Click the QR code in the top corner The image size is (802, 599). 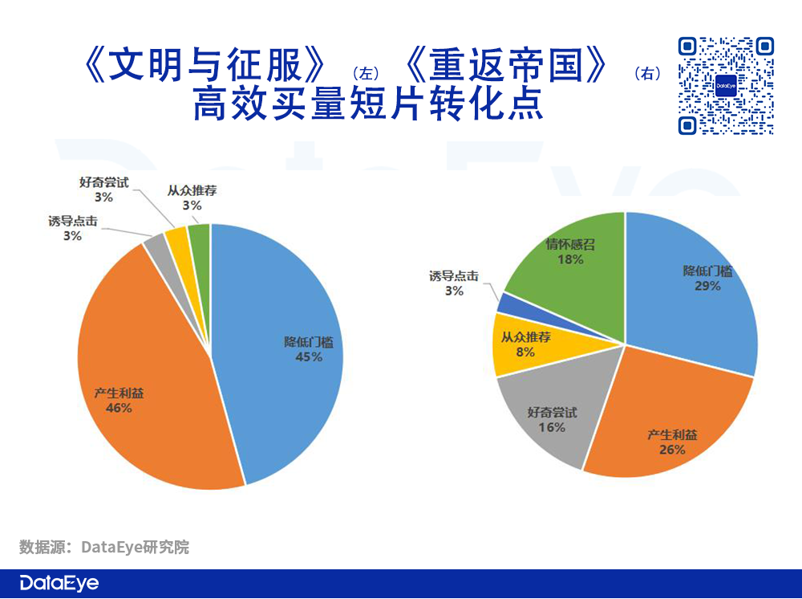pos(727,85)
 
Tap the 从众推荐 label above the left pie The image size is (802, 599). pos(192,191)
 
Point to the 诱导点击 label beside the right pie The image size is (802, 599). pos(454,276)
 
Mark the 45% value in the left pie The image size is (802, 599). pos(309,357)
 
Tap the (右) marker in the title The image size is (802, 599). pos(647,75)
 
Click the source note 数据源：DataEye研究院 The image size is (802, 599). pos(104,548)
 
